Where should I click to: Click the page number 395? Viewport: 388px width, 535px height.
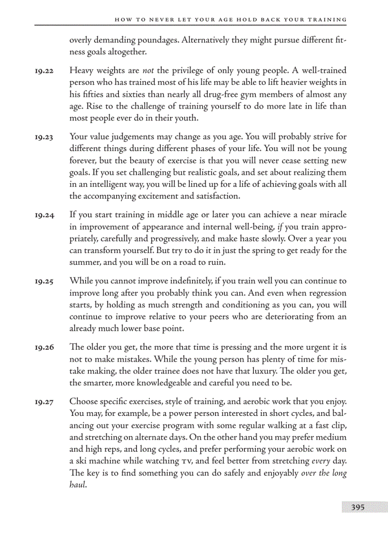(358, 507)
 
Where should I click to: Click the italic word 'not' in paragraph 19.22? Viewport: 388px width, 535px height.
(149, 71)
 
